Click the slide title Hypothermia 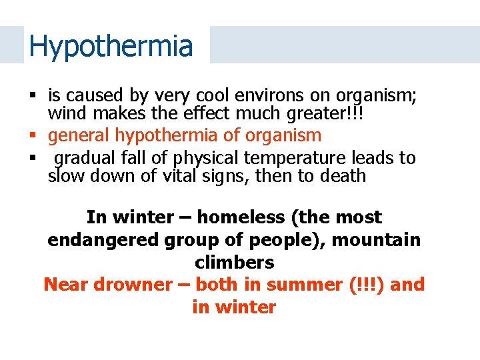pos(111,46)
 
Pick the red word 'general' pos(79,135)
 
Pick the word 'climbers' pos(234,263)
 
